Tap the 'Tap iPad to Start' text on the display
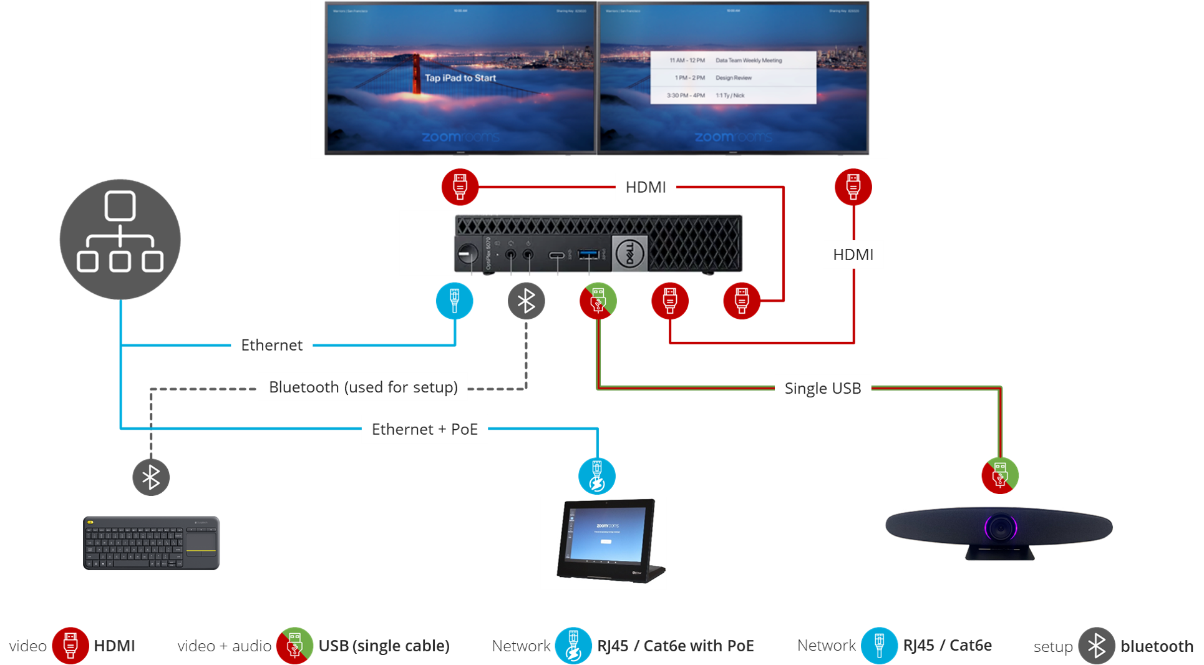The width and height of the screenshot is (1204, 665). pos(460,78)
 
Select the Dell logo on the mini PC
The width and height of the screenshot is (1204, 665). pos(629,253)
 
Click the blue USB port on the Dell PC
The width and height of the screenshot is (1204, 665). pos(588,254)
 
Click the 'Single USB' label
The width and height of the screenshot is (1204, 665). pos(822,389)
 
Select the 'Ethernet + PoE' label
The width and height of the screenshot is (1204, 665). pos(424,429)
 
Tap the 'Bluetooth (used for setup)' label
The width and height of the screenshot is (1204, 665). pos(363,387)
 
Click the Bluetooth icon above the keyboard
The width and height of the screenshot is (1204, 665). pos(151,478)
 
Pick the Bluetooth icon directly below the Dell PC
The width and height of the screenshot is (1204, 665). pos(526,301)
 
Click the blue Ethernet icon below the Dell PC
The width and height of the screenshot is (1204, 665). pos(454,301)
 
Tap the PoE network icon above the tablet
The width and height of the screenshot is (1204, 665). pos(596,477)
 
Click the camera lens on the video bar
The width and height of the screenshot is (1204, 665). pos(1001,528)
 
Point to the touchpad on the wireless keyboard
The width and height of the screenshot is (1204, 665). pos(201,540)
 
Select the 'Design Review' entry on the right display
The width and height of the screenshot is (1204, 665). pos(734,78)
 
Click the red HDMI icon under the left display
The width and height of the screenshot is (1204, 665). pos(460,186)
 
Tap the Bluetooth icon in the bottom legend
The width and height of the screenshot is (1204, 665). pos(1096,646)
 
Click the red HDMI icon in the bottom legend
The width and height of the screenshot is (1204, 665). pos(70,646)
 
